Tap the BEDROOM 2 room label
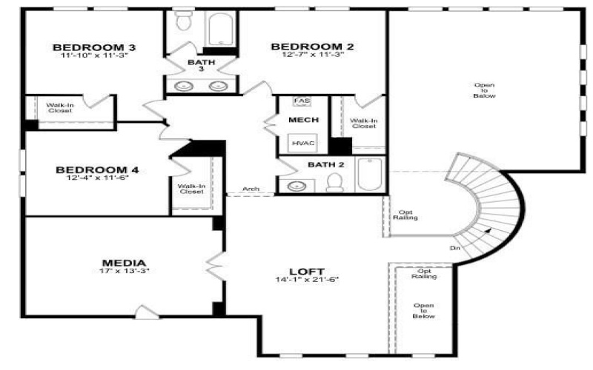point(312,47)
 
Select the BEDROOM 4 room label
point(96,170)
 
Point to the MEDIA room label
point(123,263)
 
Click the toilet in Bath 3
point(183,22)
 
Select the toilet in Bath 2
point(334,183)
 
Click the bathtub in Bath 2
point(368,175)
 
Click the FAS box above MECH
point(301,101)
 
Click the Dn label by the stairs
point(454,247)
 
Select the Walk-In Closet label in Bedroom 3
point(59,108)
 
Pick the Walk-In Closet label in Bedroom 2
point(363,123)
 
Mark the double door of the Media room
point(216,263)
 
